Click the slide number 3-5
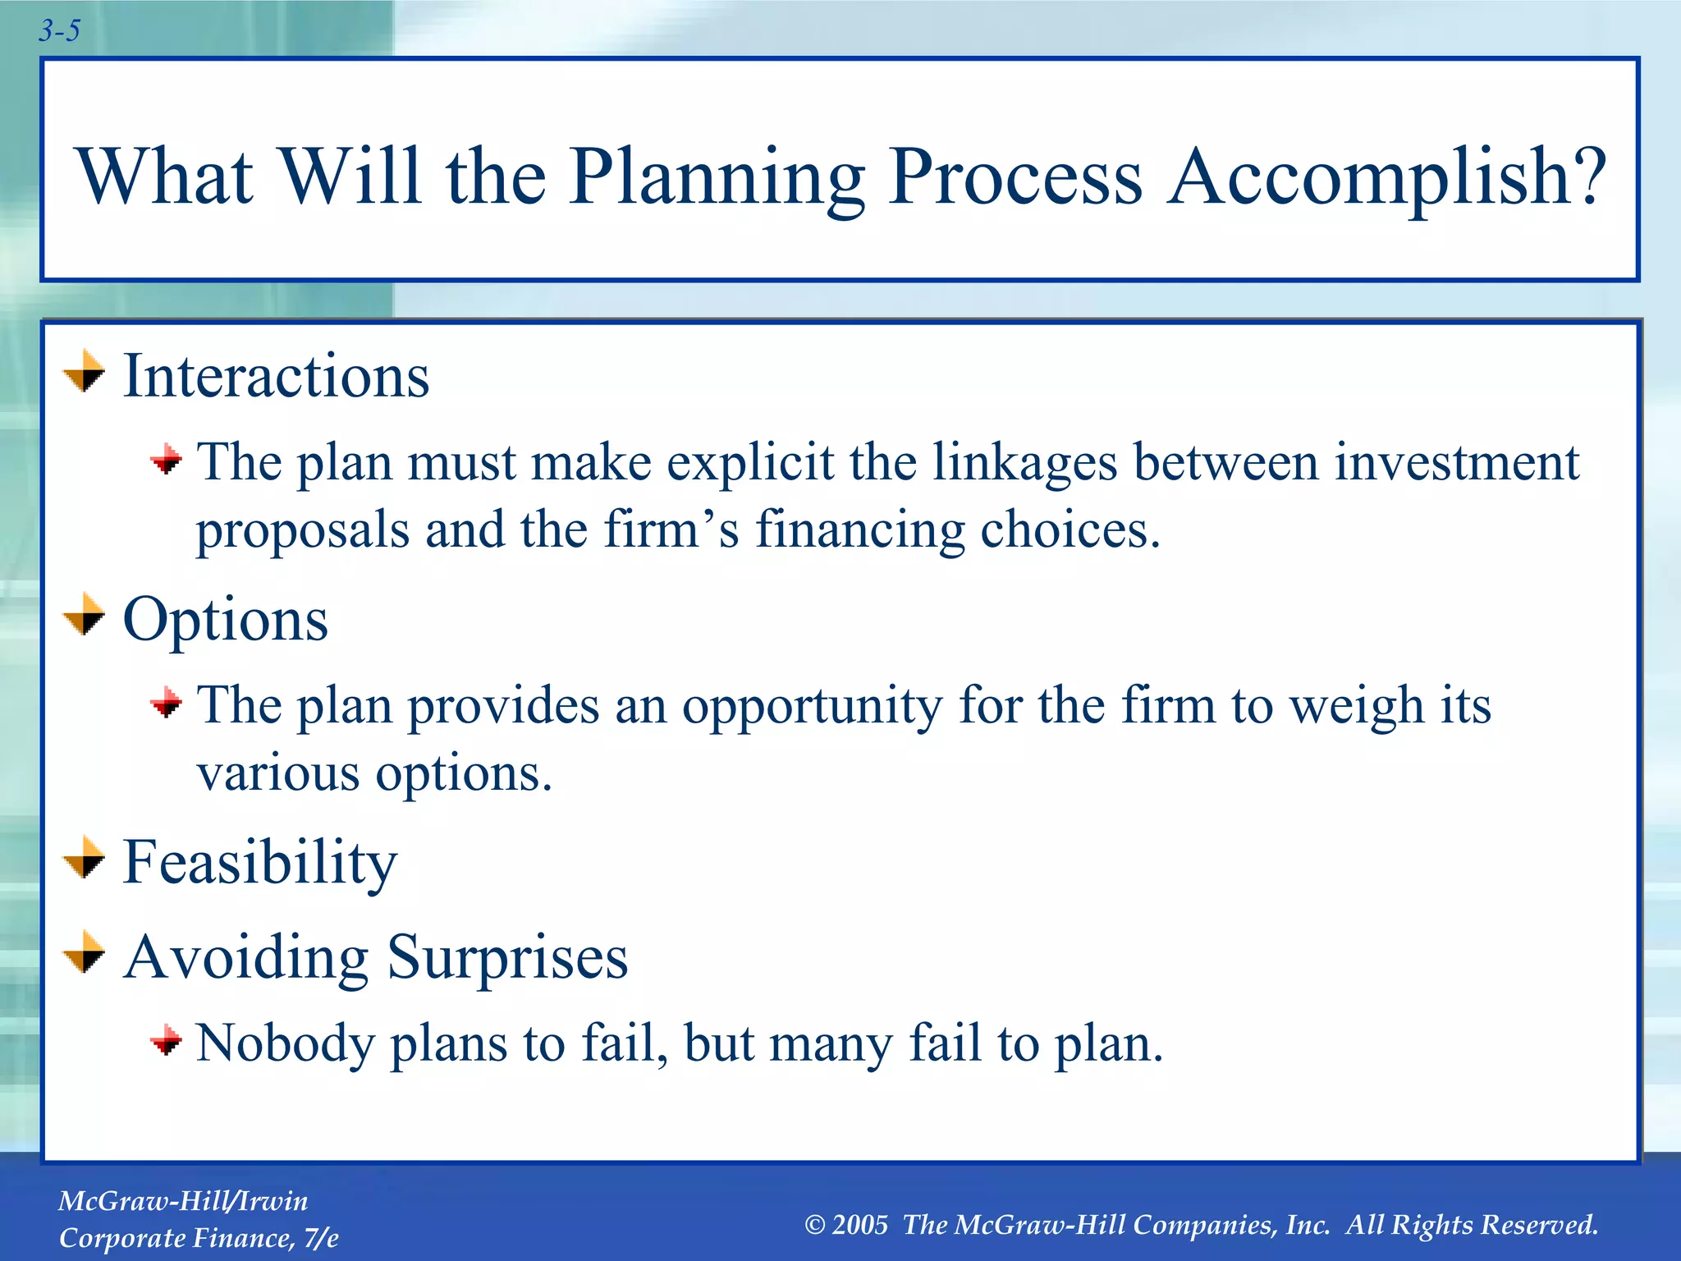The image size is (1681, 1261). (59, 31)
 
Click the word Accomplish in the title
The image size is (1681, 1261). (1387, 177)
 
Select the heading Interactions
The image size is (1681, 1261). (276, 376)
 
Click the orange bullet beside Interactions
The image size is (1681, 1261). (85, 372)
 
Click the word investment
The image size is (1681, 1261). (1456, 462)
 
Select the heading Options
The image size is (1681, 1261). (226, 620)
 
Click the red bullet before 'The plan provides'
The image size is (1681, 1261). (167, 703)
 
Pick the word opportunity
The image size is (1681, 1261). (812, 706)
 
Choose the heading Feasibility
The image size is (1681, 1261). (259, 863)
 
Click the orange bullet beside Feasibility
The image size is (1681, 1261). (85, 859)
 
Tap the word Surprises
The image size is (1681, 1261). (507, 957)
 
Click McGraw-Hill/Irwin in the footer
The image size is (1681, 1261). (183, 1201)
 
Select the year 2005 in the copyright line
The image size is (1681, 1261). (859, 1225)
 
